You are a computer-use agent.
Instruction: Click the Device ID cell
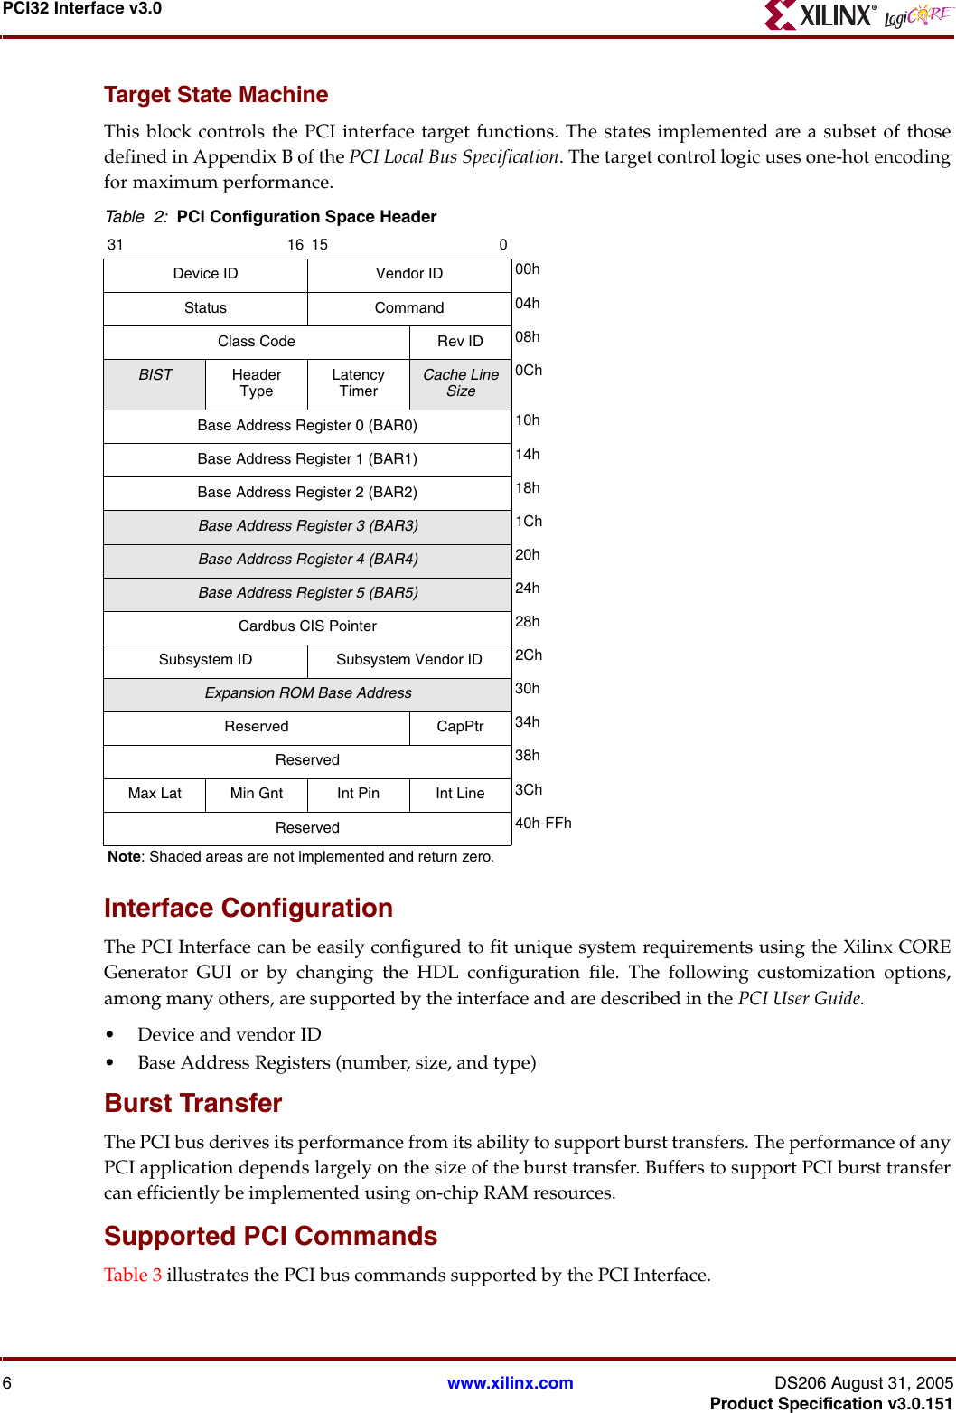coord(205,274)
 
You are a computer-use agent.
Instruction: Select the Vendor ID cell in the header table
coord(408,274)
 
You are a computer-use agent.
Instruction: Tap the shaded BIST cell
coord(155,383)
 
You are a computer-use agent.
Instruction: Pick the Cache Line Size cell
coord(460,383)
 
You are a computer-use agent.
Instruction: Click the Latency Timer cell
coord(358,383)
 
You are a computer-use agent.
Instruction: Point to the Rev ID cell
coord(460,342)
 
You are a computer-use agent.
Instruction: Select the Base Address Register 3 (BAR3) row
coord(307,526)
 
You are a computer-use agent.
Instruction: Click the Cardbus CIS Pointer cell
coord(307,626)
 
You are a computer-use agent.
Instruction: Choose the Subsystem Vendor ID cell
coord(408,660)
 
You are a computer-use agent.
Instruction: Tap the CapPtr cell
coord(460,727)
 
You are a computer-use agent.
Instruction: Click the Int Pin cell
coord(358,794)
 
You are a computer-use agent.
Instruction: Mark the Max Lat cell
coord(155,794)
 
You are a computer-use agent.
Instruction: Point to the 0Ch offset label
coord(529,371)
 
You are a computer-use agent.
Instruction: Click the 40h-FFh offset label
coord(543,824)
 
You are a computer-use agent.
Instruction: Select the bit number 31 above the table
coord(116,245)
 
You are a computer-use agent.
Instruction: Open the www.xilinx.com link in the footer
coord(510,1383)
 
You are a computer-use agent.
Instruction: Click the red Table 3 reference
coord(133,1275)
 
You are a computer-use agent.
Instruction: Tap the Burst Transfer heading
coord(193,1104)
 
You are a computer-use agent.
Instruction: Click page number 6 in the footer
coord(7,1383)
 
